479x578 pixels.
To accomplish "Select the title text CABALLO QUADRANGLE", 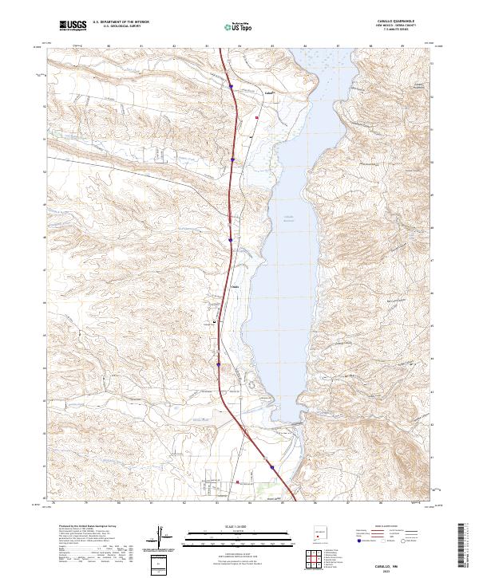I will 399,21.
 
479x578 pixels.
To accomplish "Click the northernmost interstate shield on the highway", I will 231,86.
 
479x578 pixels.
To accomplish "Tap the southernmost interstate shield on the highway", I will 271,468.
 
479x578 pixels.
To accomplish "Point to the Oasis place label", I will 235,287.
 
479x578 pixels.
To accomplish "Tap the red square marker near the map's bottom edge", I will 238,482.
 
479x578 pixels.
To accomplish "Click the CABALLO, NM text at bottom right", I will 399,564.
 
